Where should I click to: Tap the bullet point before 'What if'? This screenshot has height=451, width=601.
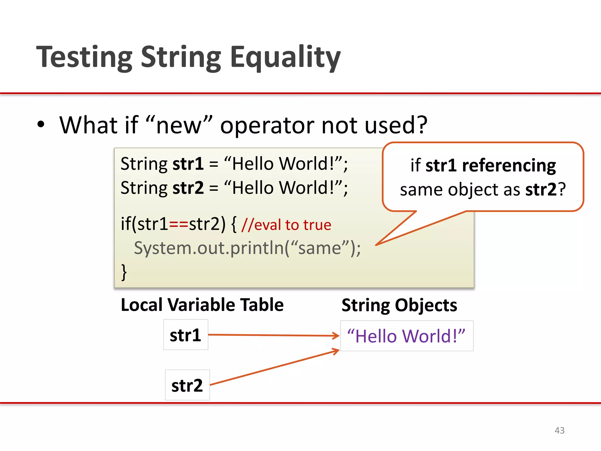point(41,124)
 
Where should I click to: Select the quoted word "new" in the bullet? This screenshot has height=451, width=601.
point(179,125)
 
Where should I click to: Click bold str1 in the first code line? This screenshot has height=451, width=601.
point(188,164)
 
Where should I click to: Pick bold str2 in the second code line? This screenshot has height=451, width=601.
point(188,188)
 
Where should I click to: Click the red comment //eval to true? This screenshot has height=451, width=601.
point(286,225)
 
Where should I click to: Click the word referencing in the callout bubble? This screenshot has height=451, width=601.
point(509,166)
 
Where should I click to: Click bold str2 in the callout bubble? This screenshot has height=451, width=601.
point(541,190)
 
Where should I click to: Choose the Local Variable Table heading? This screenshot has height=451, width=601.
point(202,305)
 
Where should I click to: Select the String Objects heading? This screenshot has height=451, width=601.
point(399,305)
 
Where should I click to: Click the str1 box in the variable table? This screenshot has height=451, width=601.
point(186,335)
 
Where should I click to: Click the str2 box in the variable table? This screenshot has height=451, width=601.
point(187,385)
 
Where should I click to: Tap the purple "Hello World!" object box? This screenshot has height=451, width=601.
point(406,336)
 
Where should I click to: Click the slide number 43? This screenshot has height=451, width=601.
point(559,430)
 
